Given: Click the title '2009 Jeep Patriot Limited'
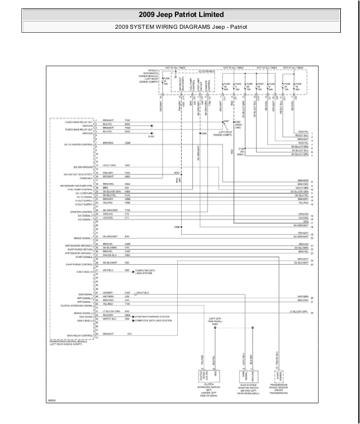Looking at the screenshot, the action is point(180,15).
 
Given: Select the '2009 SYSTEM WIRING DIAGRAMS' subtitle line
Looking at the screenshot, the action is point(180,26).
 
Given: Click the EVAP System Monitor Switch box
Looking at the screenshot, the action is point(249,375).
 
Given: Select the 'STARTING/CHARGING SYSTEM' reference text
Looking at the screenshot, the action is point(152,317).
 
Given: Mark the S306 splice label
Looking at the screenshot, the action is point(176,227).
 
